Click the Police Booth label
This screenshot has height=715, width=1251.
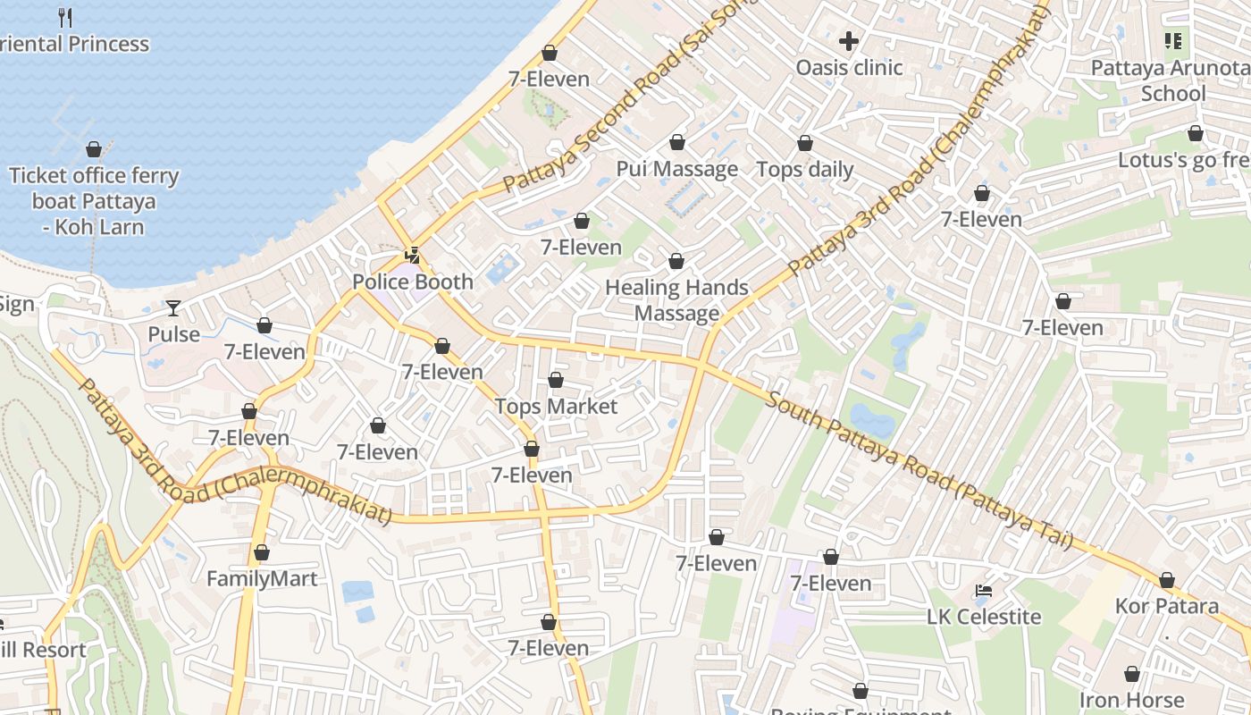(x=413, y=282)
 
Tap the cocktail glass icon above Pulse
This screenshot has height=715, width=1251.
(x=173, y=308)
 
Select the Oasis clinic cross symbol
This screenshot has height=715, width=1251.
(x=849, y=41)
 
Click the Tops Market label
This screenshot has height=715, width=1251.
(x=556, y=407)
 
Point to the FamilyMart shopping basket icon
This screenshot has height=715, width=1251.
(x=262, y=553)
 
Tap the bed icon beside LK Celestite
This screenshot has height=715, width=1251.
(x=984, y=591)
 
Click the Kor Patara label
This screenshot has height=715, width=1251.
(x=1166, y=606)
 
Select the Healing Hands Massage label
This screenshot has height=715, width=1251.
(x=676, y=300)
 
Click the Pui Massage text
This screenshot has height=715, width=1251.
(x=677, y=169)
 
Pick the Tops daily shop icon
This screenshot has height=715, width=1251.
(x=805, y=144)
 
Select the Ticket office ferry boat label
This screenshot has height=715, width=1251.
(x=94, y=201)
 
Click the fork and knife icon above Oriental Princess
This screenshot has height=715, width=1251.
(x=64, y=17)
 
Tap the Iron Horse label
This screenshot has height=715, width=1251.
(x=1131, y=700)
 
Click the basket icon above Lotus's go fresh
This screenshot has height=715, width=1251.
(x=1195, y=134)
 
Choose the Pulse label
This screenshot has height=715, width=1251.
(x=173, y=334)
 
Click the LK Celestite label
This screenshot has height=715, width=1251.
(x=984, y=617)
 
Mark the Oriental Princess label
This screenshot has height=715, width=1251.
(x=76, y=44)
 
